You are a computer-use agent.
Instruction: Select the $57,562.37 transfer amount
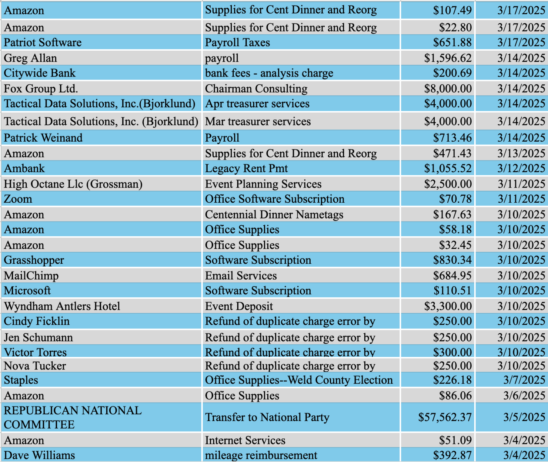coord(445,417)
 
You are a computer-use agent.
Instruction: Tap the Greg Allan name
coord(30,58)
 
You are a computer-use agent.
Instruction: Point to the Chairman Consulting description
coord(256,89)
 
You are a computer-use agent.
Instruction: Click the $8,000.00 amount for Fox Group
coord(448,89)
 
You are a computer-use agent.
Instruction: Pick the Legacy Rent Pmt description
coord(246,168)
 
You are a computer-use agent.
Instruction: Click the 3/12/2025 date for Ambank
coord(521,168)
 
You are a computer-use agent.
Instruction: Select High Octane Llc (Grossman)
coord(73,184)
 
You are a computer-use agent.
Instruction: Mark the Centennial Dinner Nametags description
coord(274,215)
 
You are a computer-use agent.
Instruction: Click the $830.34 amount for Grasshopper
coord(452,260)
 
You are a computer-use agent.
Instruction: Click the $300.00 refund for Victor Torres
coord(452,352)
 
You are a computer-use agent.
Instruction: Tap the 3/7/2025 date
coord(524,380)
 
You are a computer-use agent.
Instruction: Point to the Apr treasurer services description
coord(257,104)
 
